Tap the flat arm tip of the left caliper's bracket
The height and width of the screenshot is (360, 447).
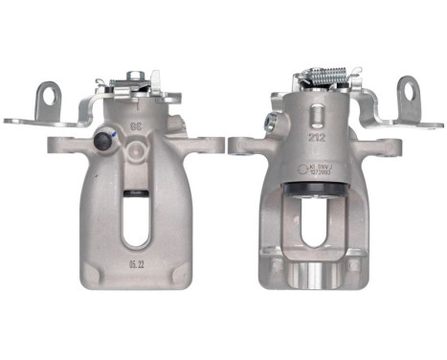19,121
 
